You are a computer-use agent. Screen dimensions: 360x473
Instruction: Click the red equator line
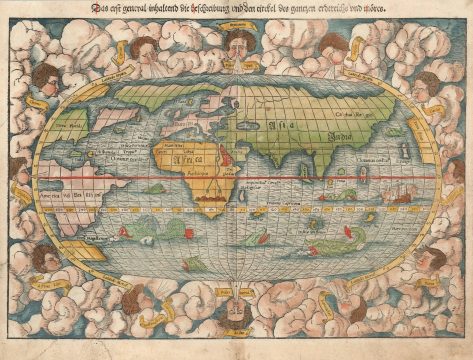click(x=300, y=177)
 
